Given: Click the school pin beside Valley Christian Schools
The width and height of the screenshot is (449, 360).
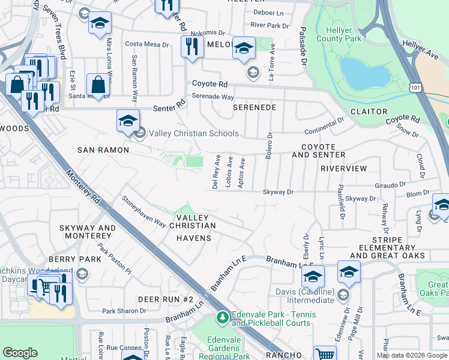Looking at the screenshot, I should point(128,121).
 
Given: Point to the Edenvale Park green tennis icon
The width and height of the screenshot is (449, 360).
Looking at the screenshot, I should point(223,316).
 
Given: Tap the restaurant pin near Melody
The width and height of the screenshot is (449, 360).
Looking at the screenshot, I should point(191,48).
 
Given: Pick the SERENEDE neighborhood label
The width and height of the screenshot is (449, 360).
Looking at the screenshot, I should point(255,107).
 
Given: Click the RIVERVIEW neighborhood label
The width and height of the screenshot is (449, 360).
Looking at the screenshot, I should point(343,169).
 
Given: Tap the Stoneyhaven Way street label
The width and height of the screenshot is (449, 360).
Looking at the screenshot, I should point(144,212).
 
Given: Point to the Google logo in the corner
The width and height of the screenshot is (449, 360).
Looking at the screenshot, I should point(20,353).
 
